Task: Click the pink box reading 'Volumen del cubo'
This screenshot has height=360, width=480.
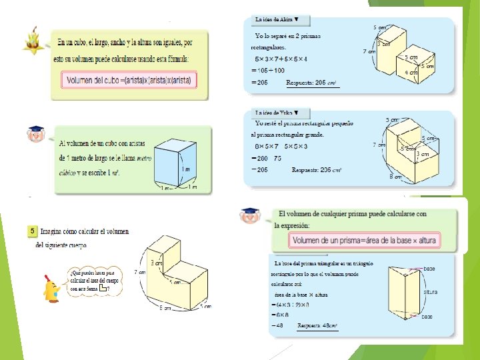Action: coord(129,81)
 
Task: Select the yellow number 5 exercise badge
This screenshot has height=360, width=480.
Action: coord(32,231)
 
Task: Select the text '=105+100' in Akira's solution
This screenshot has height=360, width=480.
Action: coord(268,70)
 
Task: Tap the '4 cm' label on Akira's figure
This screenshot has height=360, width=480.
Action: coord(411,72)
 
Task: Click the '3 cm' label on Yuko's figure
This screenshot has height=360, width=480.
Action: coord(423,154)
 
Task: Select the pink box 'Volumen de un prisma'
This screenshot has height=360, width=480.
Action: coord(371,240)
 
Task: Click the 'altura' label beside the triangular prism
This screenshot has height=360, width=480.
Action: coord(430,292)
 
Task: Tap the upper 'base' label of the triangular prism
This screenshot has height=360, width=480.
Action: coord(431,269)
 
